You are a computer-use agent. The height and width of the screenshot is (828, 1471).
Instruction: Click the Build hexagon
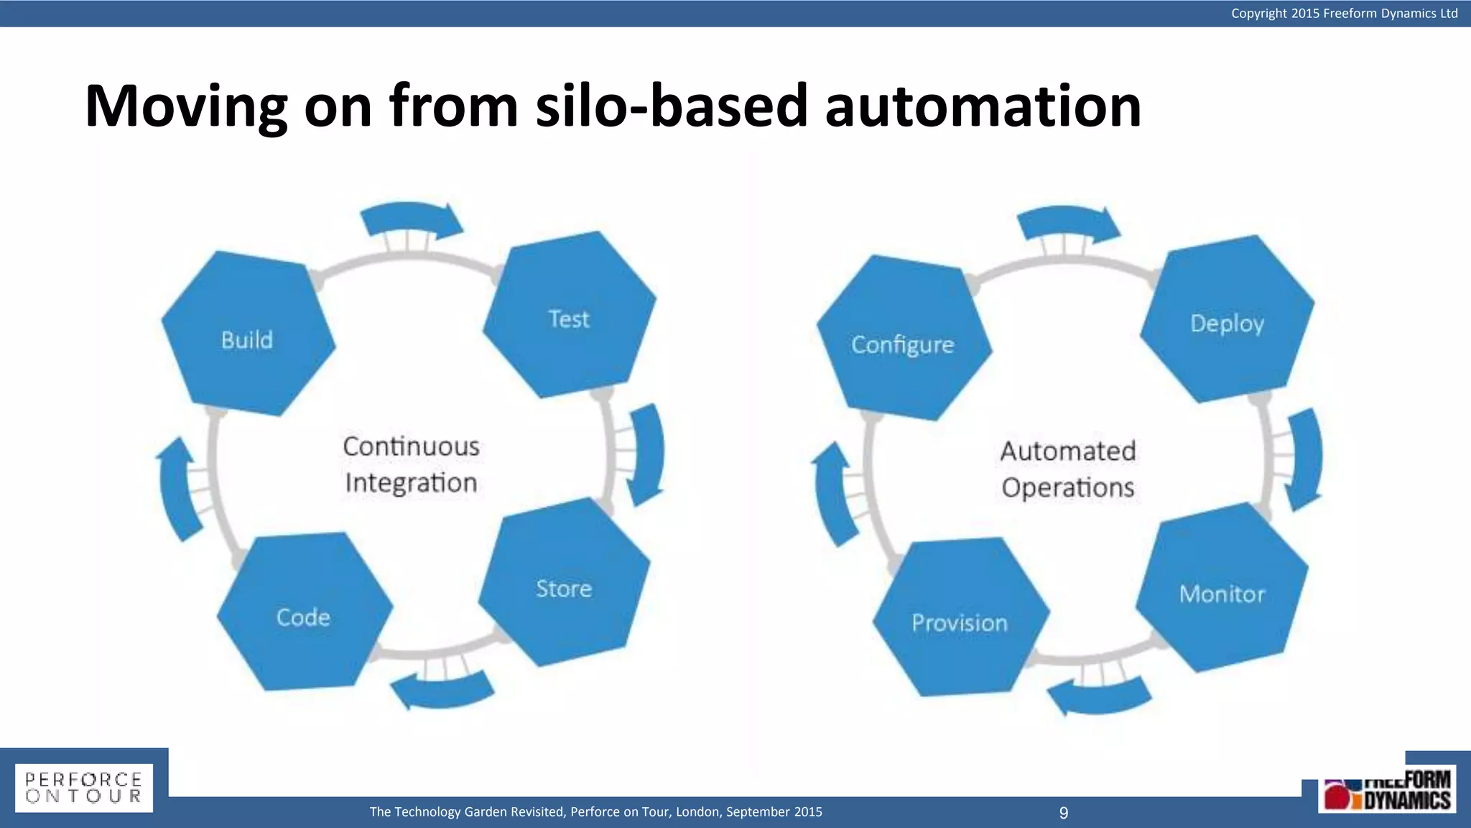click(248, 334)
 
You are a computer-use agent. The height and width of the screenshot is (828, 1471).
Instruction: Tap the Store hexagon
click(564, 584)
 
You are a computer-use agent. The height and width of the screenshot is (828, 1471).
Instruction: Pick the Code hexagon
click(305, 613)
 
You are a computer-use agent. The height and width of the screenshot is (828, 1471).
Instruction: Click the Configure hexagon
click(904, 339)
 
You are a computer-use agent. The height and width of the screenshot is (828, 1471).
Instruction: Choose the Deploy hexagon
click(1227, 319)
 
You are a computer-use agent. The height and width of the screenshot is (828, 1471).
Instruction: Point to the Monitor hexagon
click(1222, 589)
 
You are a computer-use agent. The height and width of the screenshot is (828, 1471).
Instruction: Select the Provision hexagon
click(960, 618)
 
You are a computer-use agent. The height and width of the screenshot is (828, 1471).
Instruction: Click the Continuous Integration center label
click(411, 464)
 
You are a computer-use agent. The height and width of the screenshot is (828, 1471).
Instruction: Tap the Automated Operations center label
click(1068, 469)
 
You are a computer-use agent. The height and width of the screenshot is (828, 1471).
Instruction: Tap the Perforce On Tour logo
click(84, 788)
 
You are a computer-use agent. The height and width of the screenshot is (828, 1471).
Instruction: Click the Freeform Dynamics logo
click(1387, 791)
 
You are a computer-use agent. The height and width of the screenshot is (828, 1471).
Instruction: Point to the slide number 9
click(1064, 813)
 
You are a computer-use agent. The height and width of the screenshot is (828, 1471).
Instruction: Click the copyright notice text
click(1344, 13)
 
